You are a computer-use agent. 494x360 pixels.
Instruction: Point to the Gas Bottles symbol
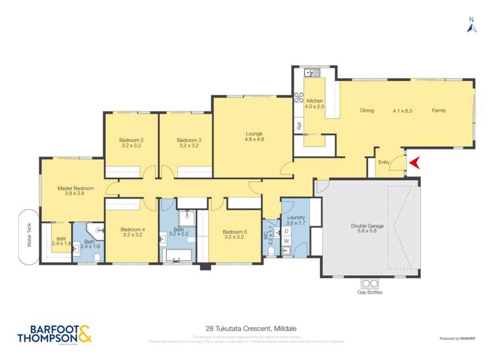pyautogui.click(x=370, y=284)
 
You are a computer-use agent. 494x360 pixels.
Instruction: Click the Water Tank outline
pyautogui.click(x=29, y=237)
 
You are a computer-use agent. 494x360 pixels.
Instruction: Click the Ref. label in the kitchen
pyautogui.click(x=298, y=125)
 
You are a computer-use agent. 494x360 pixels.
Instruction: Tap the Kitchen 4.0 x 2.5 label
pyautogui.click(x=314, y=103)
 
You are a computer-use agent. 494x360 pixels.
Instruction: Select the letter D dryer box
pyautogui.click(x=287, y=232)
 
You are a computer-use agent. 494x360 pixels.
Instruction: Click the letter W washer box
pyautogui.click(x=287, y=242)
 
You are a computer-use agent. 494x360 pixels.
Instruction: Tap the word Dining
pyautogui.click(x=367, y=111)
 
